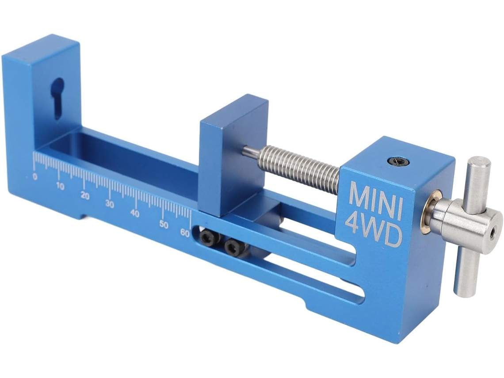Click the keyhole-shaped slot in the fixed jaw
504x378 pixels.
coord(58,98)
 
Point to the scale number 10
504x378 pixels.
coord(60,186)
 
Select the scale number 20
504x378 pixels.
coord(85,195)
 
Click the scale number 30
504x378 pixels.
coord(110,204)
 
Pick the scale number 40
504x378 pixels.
coord(135,214)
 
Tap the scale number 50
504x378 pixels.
coord(164,224)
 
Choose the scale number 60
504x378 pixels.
coord(185,233)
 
